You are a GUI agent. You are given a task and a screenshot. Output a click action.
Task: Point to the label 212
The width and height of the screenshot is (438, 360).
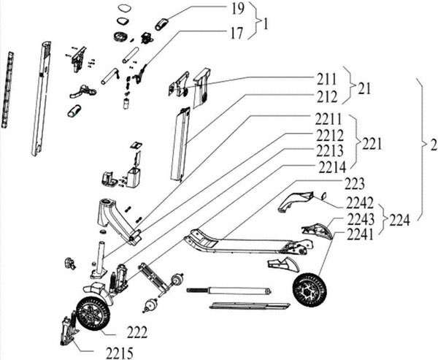pyautogui.click(x=327, y=95)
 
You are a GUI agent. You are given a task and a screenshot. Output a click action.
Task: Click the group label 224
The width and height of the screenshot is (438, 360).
pyautogui.click(x=399, y=218)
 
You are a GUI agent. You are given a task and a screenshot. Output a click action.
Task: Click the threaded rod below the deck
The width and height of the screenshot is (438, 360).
pyautogui.click(x=230, y=291)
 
